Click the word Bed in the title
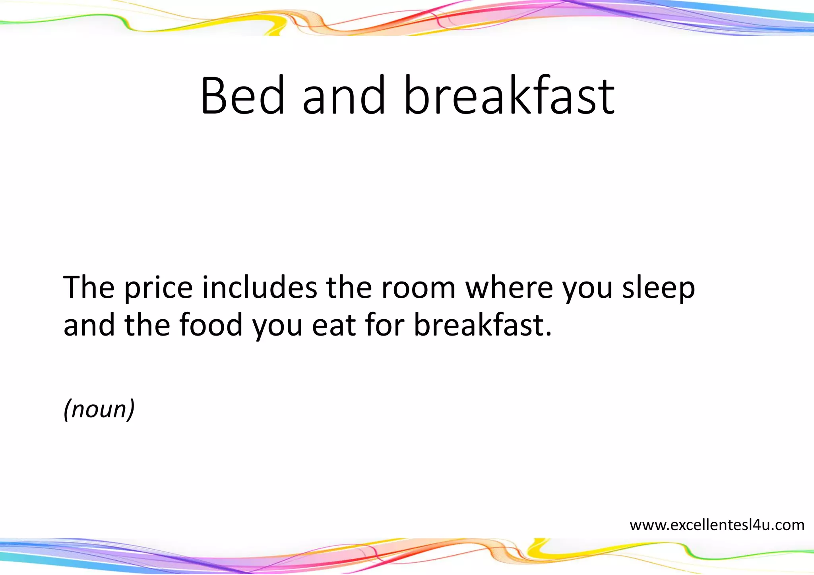tap(243, 96)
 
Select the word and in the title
tap(344, 96)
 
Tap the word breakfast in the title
tap(509, 96)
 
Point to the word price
tap(159, 288)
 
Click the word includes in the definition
tap(260, 287)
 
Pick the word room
tap(418, 287)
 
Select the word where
tap(509, 287)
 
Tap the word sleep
tap(658, 288)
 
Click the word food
tap(211, 325)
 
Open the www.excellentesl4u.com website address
tap(717, 525)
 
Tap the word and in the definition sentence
tap(89, 325)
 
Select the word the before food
tap(147, 325)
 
